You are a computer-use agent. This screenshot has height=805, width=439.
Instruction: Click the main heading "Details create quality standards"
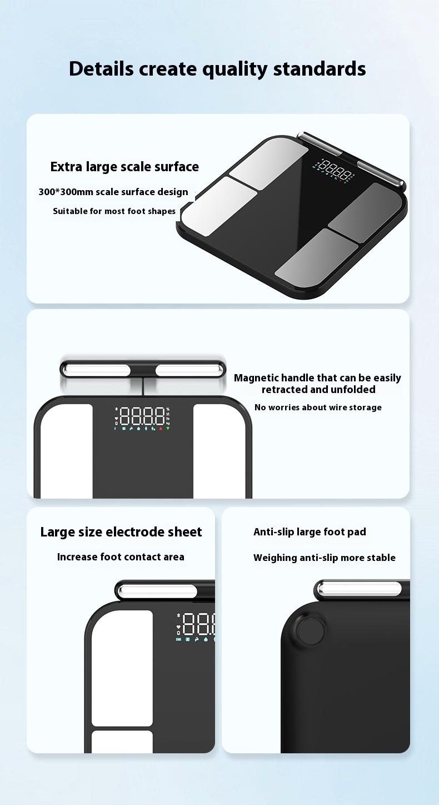[217, 69]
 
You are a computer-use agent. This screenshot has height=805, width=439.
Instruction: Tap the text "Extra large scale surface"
[124, 167]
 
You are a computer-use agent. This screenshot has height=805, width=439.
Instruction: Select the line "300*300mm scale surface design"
[113, 192]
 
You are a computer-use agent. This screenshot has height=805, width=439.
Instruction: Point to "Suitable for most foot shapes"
[114, 211]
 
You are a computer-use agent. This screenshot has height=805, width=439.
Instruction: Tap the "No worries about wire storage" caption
[318, 408]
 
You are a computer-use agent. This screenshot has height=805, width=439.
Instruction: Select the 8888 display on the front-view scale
[142, 416]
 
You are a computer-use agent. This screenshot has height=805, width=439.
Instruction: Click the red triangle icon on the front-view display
[161, 429]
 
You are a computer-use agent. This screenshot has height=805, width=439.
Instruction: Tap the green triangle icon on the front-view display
[168, 429]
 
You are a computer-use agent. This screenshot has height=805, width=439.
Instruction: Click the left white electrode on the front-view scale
[67, 451]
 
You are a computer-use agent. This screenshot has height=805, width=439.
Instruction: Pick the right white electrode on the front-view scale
[219, 451]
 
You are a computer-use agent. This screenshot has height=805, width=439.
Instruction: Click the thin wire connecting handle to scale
[143, 387]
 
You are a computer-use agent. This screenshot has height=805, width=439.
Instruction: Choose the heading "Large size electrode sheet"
[121, 532]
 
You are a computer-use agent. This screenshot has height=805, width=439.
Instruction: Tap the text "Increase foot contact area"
[121, 557]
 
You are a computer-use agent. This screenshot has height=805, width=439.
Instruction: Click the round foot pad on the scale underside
[311, 630]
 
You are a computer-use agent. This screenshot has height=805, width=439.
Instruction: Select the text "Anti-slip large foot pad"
[310, 532]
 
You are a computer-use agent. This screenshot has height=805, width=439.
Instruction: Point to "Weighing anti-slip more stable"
[325, 558]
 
